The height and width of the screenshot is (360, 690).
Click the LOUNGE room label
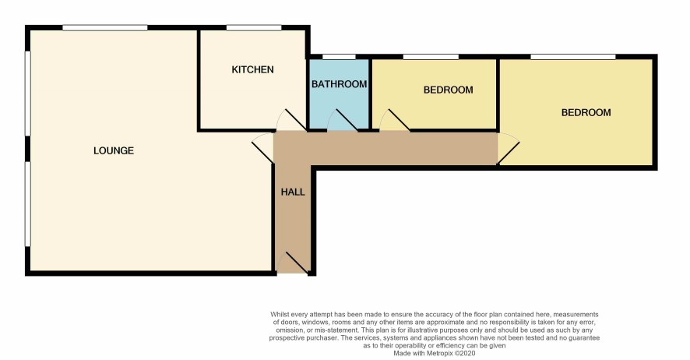114,150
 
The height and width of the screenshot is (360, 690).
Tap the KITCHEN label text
252,69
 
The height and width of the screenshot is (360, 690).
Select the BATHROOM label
340,84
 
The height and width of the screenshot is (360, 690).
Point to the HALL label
293,192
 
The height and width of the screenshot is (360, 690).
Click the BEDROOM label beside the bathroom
448,90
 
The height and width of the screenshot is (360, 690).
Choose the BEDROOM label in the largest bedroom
586,113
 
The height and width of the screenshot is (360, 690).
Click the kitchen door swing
291,120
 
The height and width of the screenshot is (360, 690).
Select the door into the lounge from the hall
262,148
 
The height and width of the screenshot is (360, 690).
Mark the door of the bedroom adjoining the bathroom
395,120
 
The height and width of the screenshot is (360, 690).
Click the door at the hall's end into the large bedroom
509,149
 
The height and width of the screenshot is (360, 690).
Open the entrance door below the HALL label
293,263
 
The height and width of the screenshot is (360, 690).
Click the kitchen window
254,28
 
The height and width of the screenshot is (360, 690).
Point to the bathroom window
339,57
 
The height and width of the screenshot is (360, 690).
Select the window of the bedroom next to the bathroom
431,57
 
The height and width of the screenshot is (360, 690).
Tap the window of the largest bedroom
573,57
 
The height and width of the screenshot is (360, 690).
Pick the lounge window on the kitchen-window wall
104,28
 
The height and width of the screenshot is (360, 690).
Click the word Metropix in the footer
439,353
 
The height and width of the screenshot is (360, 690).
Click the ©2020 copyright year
465,353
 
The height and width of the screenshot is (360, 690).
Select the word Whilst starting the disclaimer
279,314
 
